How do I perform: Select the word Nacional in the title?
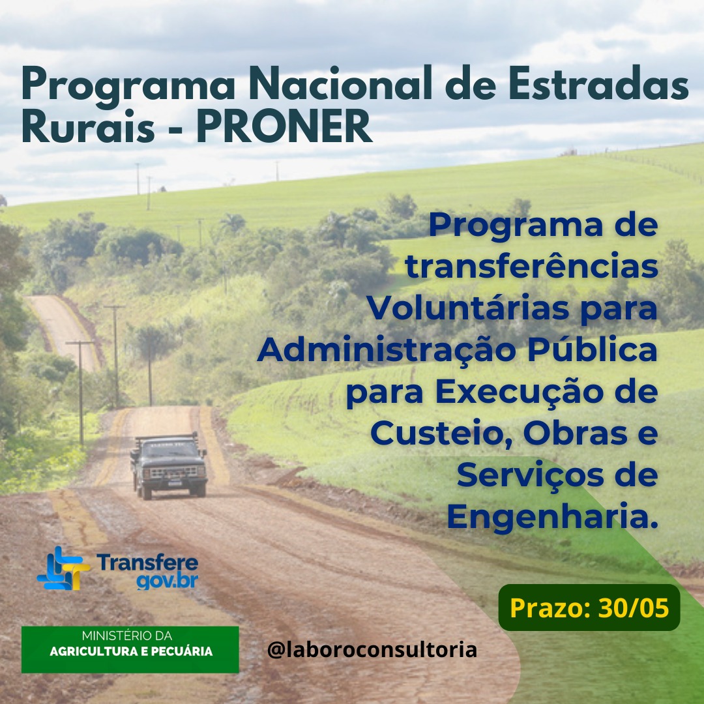pyautogui.click(x=340, y=83)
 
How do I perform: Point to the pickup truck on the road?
pyautogui.click(x=168, y=465)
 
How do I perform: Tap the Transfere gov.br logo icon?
pyautogui.click(x=63, y=568)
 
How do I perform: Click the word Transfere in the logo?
pyautogui.click(x=147, y=562)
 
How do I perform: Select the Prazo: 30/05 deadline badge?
pyautogui.click(x=589, y=608)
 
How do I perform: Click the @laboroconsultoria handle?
pyautogui.click(x=372, y=650)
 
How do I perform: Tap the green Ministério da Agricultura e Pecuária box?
pyautogui.click(x=130, y=649)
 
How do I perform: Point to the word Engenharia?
pyautogui.click(x=552, y=517)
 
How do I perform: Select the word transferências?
pyautogui.click(x=532, y=267)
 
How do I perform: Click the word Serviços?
pyautogui.click(x=530, y=475)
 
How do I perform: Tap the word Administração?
pyautogui.click(x=387, y=350)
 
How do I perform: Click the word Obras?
pyautogui.click(x=576, y=433)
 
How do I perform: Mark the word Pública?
pyautogui.click(x=593, y=349)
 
